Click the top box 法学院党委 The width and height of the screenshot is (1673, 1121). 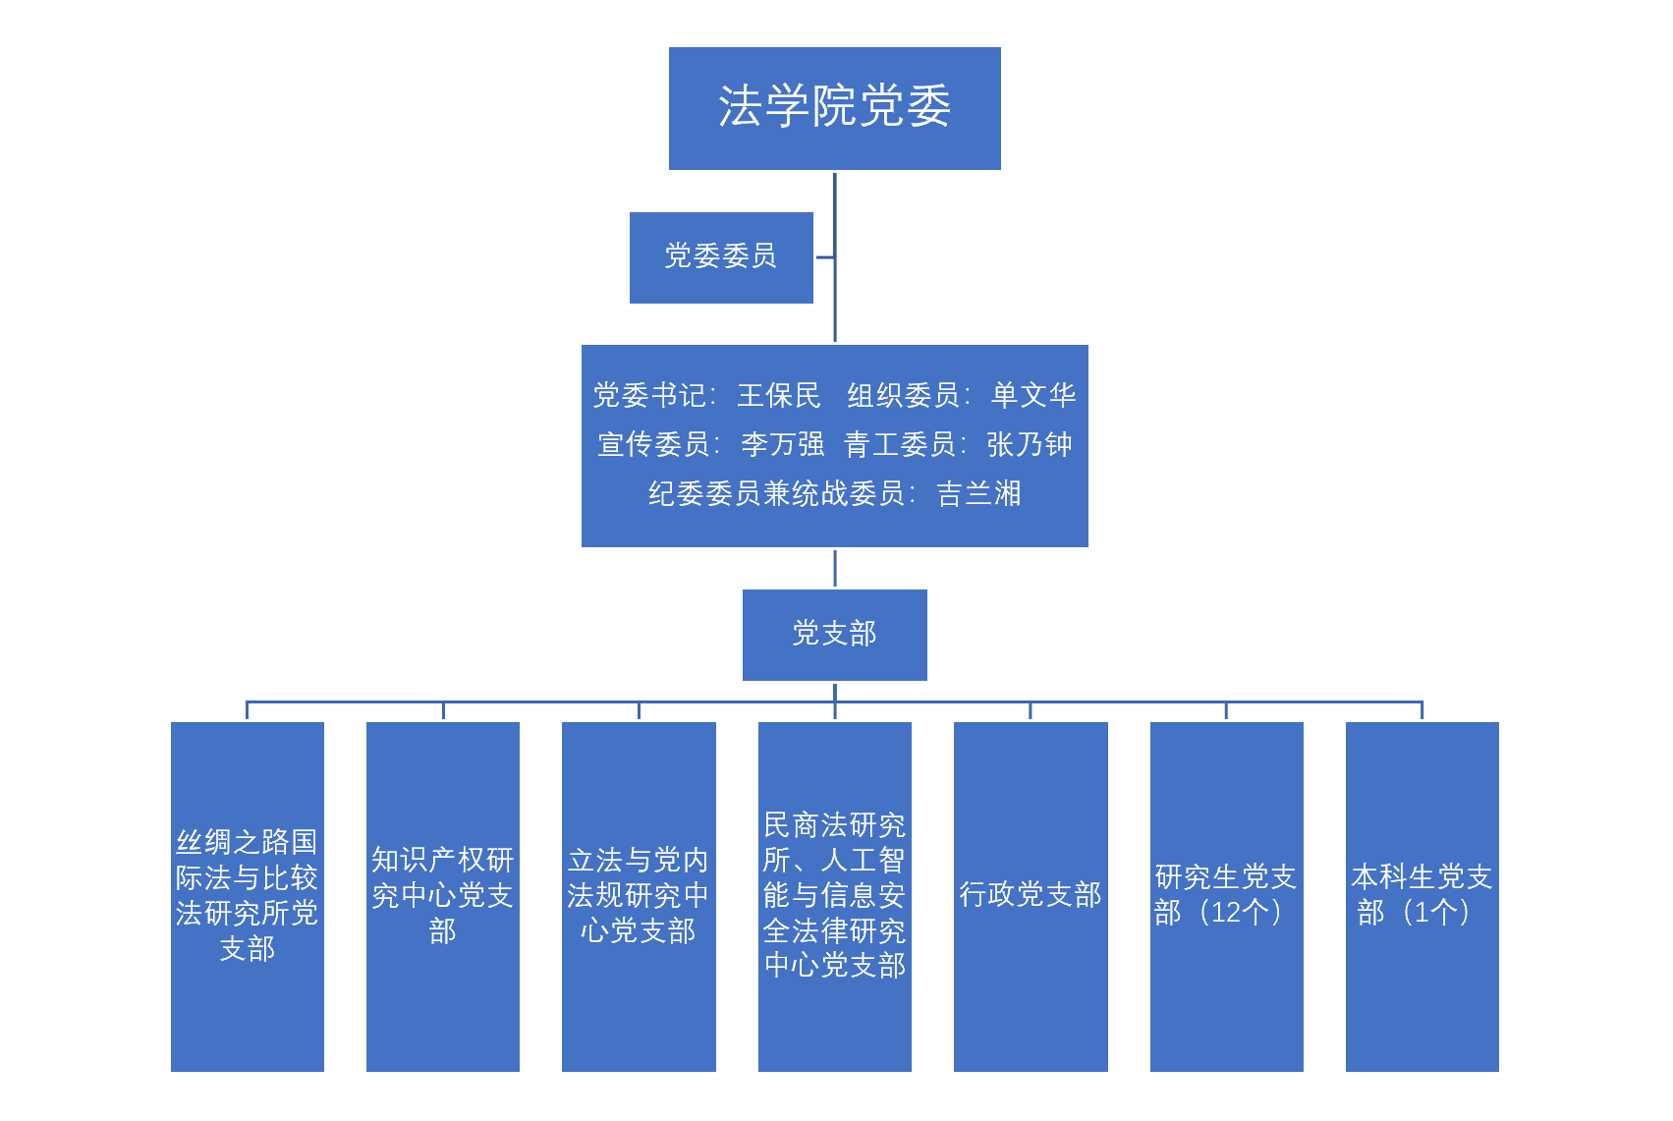pyautogui.click(x=834, y=108)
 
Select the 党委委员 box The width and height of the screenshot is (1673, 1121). pyautogui.click(x=721, y=257)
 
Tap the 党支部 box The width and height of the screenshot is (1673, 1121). pyautogui.click(x=834, y=635)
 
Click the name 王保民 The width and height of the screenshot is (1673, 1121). pyautogui.click(x=778, y=395)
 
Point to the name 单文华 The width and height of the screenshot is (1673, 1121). pyautogui.click(x=1032, y=395)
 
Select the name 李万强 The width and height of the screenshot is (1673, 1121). pyautogui.click(x=782, y=444)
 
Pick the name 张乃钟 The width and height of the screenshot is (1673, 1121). pyautogui.click(x=1029, y=444)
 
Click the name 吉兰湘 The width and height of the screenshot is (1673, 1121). pyautogui.click(x=978, y=493)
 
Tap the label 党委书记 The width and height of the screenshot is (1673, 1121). pyautogui.click(x=649, y=395)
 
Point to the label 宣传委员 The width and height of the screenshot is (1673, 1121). pyautogui.click(x=653, y=444)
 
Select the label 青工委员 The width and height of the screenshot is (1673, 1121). pyautogui.click(x=900, y=444)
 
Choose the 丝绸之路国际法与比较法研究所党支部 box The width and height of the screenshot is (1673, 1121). pyautogui.click(x=247, y=896)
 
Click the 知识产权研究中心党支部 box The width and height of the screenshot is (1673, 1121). pyautogui.click(x=442, y=896)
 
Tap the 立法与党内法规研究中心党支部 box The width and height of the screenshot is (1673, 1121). pyautogui.click(x=639, y=896)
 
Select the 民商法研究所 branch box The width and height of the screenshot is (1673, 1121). pyautogui.click(x=834, y=896)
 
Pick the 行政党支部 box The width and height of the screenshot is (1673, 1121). pyautogui.click(x=1031, y=896)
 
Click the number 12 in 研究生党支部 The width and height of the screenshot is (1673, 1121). pyautogui.click(x=1226, y=913)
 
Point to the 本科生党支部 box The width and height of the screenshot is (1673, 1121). pyautogui.click(x=1422, y=896)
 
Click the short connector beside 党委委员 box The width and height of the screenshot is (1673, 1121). pyautogui.click(x=824, y=257)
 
